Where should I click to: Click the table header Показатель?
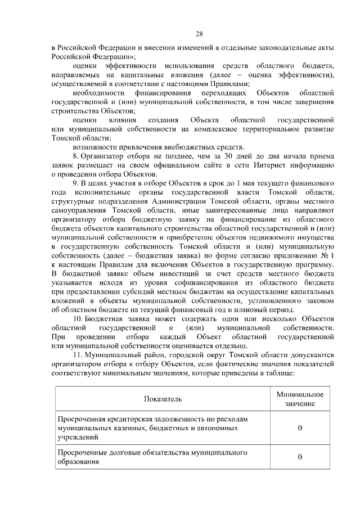(163, 399)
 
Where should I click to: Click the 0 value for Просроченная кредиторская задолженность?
(300, 428)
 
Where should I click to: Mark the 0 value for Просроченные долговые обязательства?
(300, 456)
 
